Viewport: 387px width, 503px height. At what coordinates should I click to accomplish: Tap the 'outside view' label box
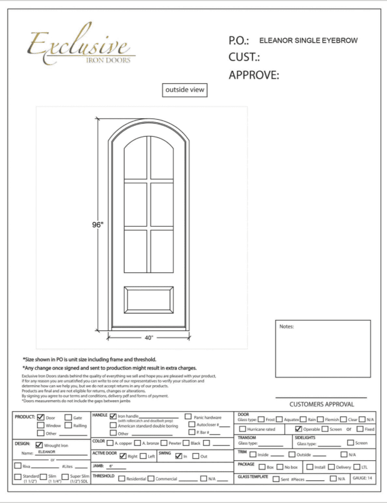tap(184, 90)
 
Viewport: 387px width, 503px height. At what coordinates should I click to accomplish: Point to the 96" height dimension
tap(98, 225)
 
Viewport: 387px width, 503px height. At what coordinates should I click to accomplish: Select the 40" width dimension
tap(149, 338)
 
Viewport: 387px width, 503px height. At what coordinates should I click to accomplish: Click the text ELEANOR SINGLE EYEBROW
tap(308, 40)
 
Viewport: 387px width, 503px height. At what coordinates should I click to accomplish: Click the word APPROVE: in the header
tap(254, 75)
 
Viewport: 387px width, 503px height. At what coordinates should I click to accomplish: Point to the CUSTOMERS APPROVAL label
tap(321, 404)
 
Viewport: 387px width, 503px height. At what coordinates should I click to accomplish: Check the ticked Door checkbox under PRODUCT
tap(41, 417)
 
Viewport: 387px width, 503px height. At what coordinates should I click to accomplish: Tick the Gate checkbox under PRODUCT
tap(68, 417)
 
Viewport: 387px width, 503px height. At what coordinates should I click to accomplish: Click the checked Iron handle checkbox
tap(113, 416)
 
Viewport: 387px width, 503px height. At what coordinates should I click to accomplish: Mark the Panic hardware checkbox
tap(188, 417)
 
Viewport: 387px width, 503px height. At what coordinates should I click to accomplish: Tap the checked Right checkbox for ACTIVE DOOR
tap(123, 456)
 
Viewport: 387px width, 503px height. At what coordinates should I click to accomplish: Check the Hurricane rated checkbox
tap(243, 429)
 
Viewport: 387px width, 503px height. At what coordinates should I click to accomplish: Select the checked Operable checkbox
tap(298, 429)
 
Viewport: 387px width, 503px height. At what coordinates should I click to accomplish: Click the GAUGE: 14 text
tap(362, 478)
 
